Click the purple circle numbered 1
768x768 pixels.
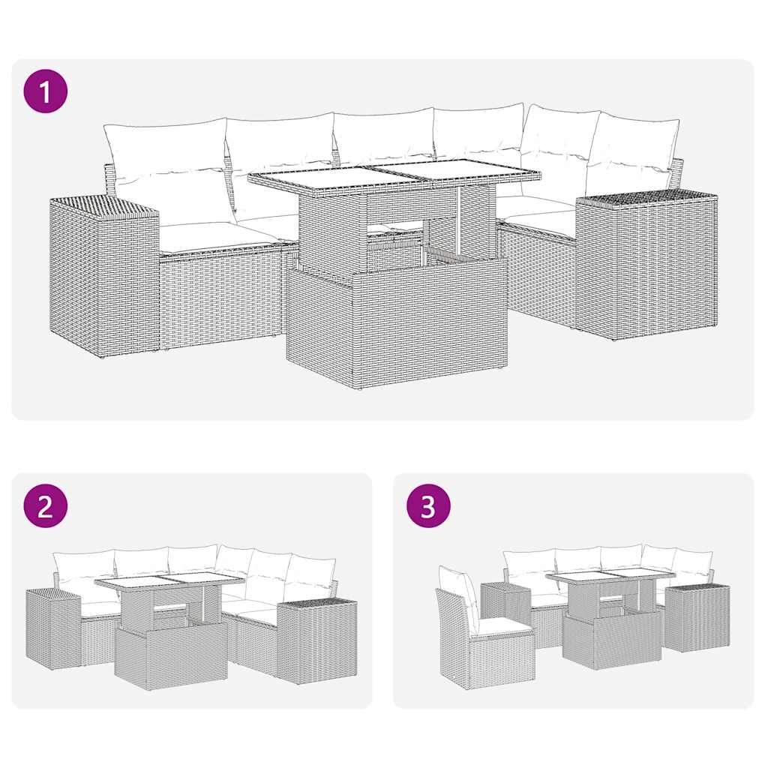click(x=46, y=92)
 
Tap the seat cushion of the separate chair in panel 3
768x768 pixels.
click(x=502, y=626)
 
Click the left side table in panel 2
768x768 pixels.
click(x=52, y=628)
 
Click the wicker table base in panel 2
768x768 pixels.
click(x=171, y=656)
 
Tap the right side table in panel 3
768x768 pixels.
click(x=697, y=619)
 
